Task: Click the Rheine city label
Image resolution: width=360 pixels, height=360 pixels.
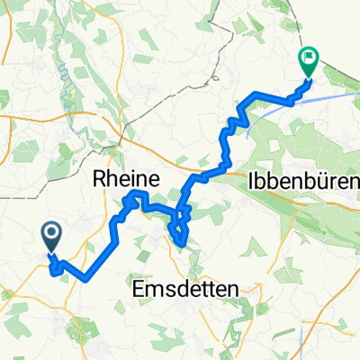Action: (x=127, y=179)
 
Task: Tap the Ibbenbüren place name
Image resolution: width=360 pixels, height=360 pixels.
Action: (x=301, y=181)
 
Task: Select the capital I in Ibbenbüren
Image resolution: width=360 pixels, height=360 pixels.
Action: (x=248, y=181)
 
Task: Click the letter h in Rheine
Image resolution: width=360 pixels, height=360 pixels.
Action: (x=116, y=179)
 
